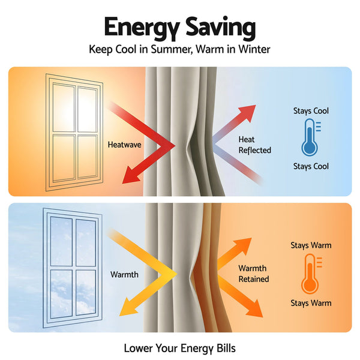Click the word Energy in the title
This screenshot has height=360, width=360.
pyautogui.click(x=142, y=28)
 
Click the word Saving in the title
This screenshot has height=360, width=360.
pyautogui.click(x=221, y=28)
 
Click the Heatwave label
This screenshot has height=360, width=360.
pyautogui.click(x=124, y=145)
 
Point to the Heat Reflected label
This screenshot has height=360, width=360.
pyautogui.click(x=254, y=145)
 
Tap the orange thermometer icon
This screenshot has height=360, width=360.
pyautogui.click(x=311, y=274)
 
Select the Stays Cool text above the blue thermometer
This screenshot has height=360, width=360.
pyautogui.click(x=311, y=111)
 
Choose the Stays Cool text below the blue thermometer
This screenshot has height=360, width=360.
pyautogui.click(x=311, y=166)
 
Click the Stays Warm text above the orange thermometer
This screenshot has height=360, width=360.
pyautogui.click(x=311, y=245)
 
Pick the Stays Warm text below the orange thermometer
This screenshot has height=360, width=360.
pyautogui.click(x=311, y=303)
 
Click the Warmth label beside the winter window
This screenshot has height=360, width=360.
pyautogui.click(x=124, y=275)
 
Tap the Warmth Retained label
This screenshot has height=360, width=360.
pyautogui.click(x=254, y=274)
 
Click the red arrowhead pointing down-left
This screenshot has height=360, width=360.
pyautogui.click(x=130, y=176)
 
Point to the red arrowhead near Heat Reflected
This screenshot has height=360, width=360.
pyautogui.click(x=247, y=113)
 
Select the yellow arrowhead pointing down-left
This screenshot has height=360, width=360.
pyautogui.click(x=128, y=307)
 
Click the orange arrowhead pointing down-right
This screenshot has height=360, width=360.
pyautogui.click(x=255, y=309)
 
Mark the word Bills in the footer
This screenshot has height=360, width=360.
pyautogui.click(x=226, y=348)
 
